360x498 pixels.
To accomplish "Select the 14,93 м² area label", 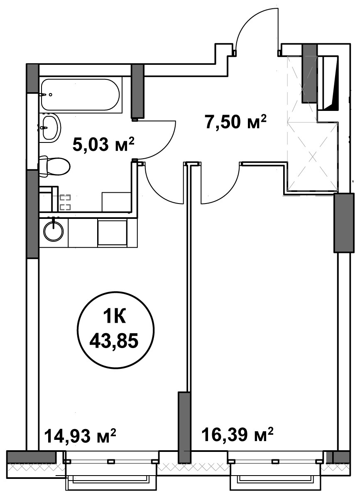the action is point(80,435).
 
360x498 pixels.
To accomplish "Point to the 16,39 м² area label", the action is point(238,434).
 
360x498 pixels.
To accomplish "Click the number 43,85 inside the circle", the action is point(114,341).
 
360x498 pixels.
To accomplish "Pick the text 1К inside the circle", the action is point(115,316).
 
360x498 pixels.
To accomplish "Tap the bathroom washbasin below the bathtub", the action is point(50,127).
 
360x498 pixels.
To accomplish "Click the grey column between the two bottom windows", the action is point(184,427).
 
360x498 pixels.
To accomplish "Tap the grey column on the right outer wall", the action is point(344,223).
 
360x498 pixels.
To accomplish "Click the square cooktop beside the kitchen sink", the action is point(113,233).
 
